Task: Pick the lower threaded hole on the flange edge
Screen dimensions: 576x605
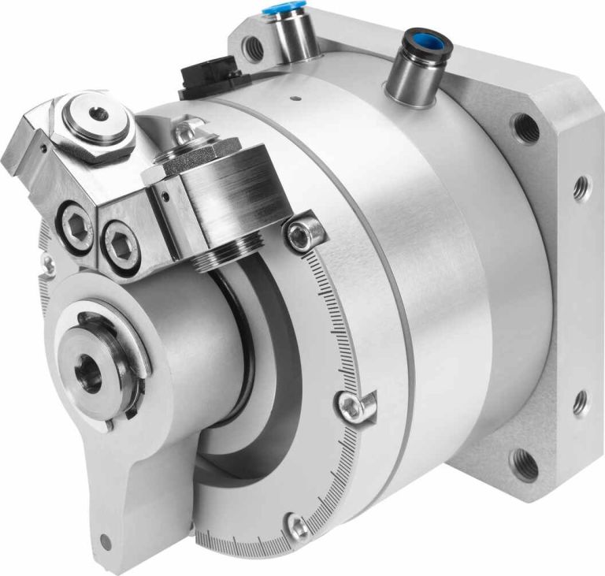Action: click(581, 404)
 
